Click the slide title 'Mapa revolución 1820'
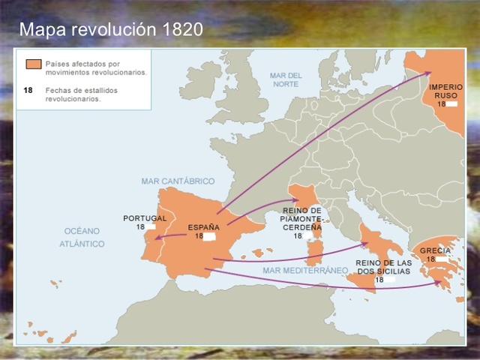pyautogui.click(x=110, y=31)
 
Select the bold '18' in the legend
pyautogui.click(x=28, y=88)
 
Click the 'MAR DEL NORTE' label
pyautogui.click(x=286, y=80)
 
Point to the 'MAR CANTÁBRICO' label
pyautogui.click(x=178, y=181)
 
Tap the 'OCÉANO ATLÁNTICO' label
pyautogui.click(x=83, y=237)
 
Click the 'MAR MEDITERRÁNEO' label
pyautogui.click(x=305, y=269)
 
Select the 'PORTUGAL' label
pyautogui.click(x=145, y=218)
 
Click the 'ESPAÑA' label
pyautogui.click(x=204, y=226)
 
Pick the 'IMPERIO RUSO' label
pyautogui.click(x=445, y=91)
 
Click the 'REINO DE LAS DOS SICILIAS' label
pyautogui.click(x=383, y=266)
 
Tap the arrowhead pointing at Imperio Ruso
pyautogui.click(x=428, y=73)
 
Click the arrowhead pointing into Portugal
pyautogui.click(x=159, y=238)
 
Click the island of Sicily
pyautogui.click(x=361, y=279)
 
